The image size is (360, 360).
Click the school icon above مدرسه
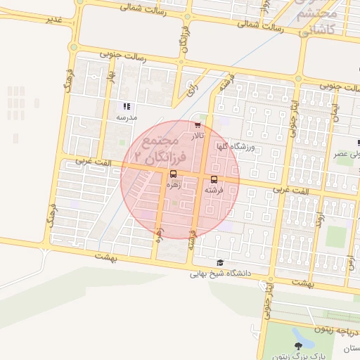coord(125,106)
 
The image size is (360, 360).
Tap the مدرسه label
coord(127,117)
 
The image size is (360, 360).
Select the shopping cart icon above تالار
coord(197,124)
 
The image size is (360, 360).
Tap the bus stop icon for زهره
coord(172,174)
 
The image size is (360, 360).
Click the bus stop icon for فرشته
coord(214,179)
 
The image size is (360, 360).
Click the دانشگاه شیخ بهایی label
coord(217,274)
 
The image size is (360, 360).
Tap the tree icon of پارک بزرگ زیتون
coord(298,345)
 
